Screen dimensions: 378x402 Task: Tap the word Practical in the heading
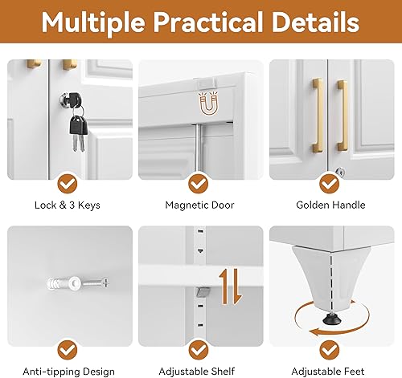point(218,23)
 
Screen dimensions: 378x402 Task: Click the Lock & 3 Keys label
point(68,205)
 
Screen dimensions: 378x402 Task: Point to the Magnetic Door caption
point(199,205)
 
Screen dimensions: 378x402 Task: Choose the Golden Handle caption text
point(330,205)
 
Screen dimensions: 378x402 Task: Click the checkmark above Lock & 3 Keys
point(68,182)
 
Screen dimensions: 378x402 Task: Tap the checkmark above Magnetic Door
point(199,182)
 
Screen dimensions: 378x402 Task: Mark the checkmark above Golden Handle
point(330,182)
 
